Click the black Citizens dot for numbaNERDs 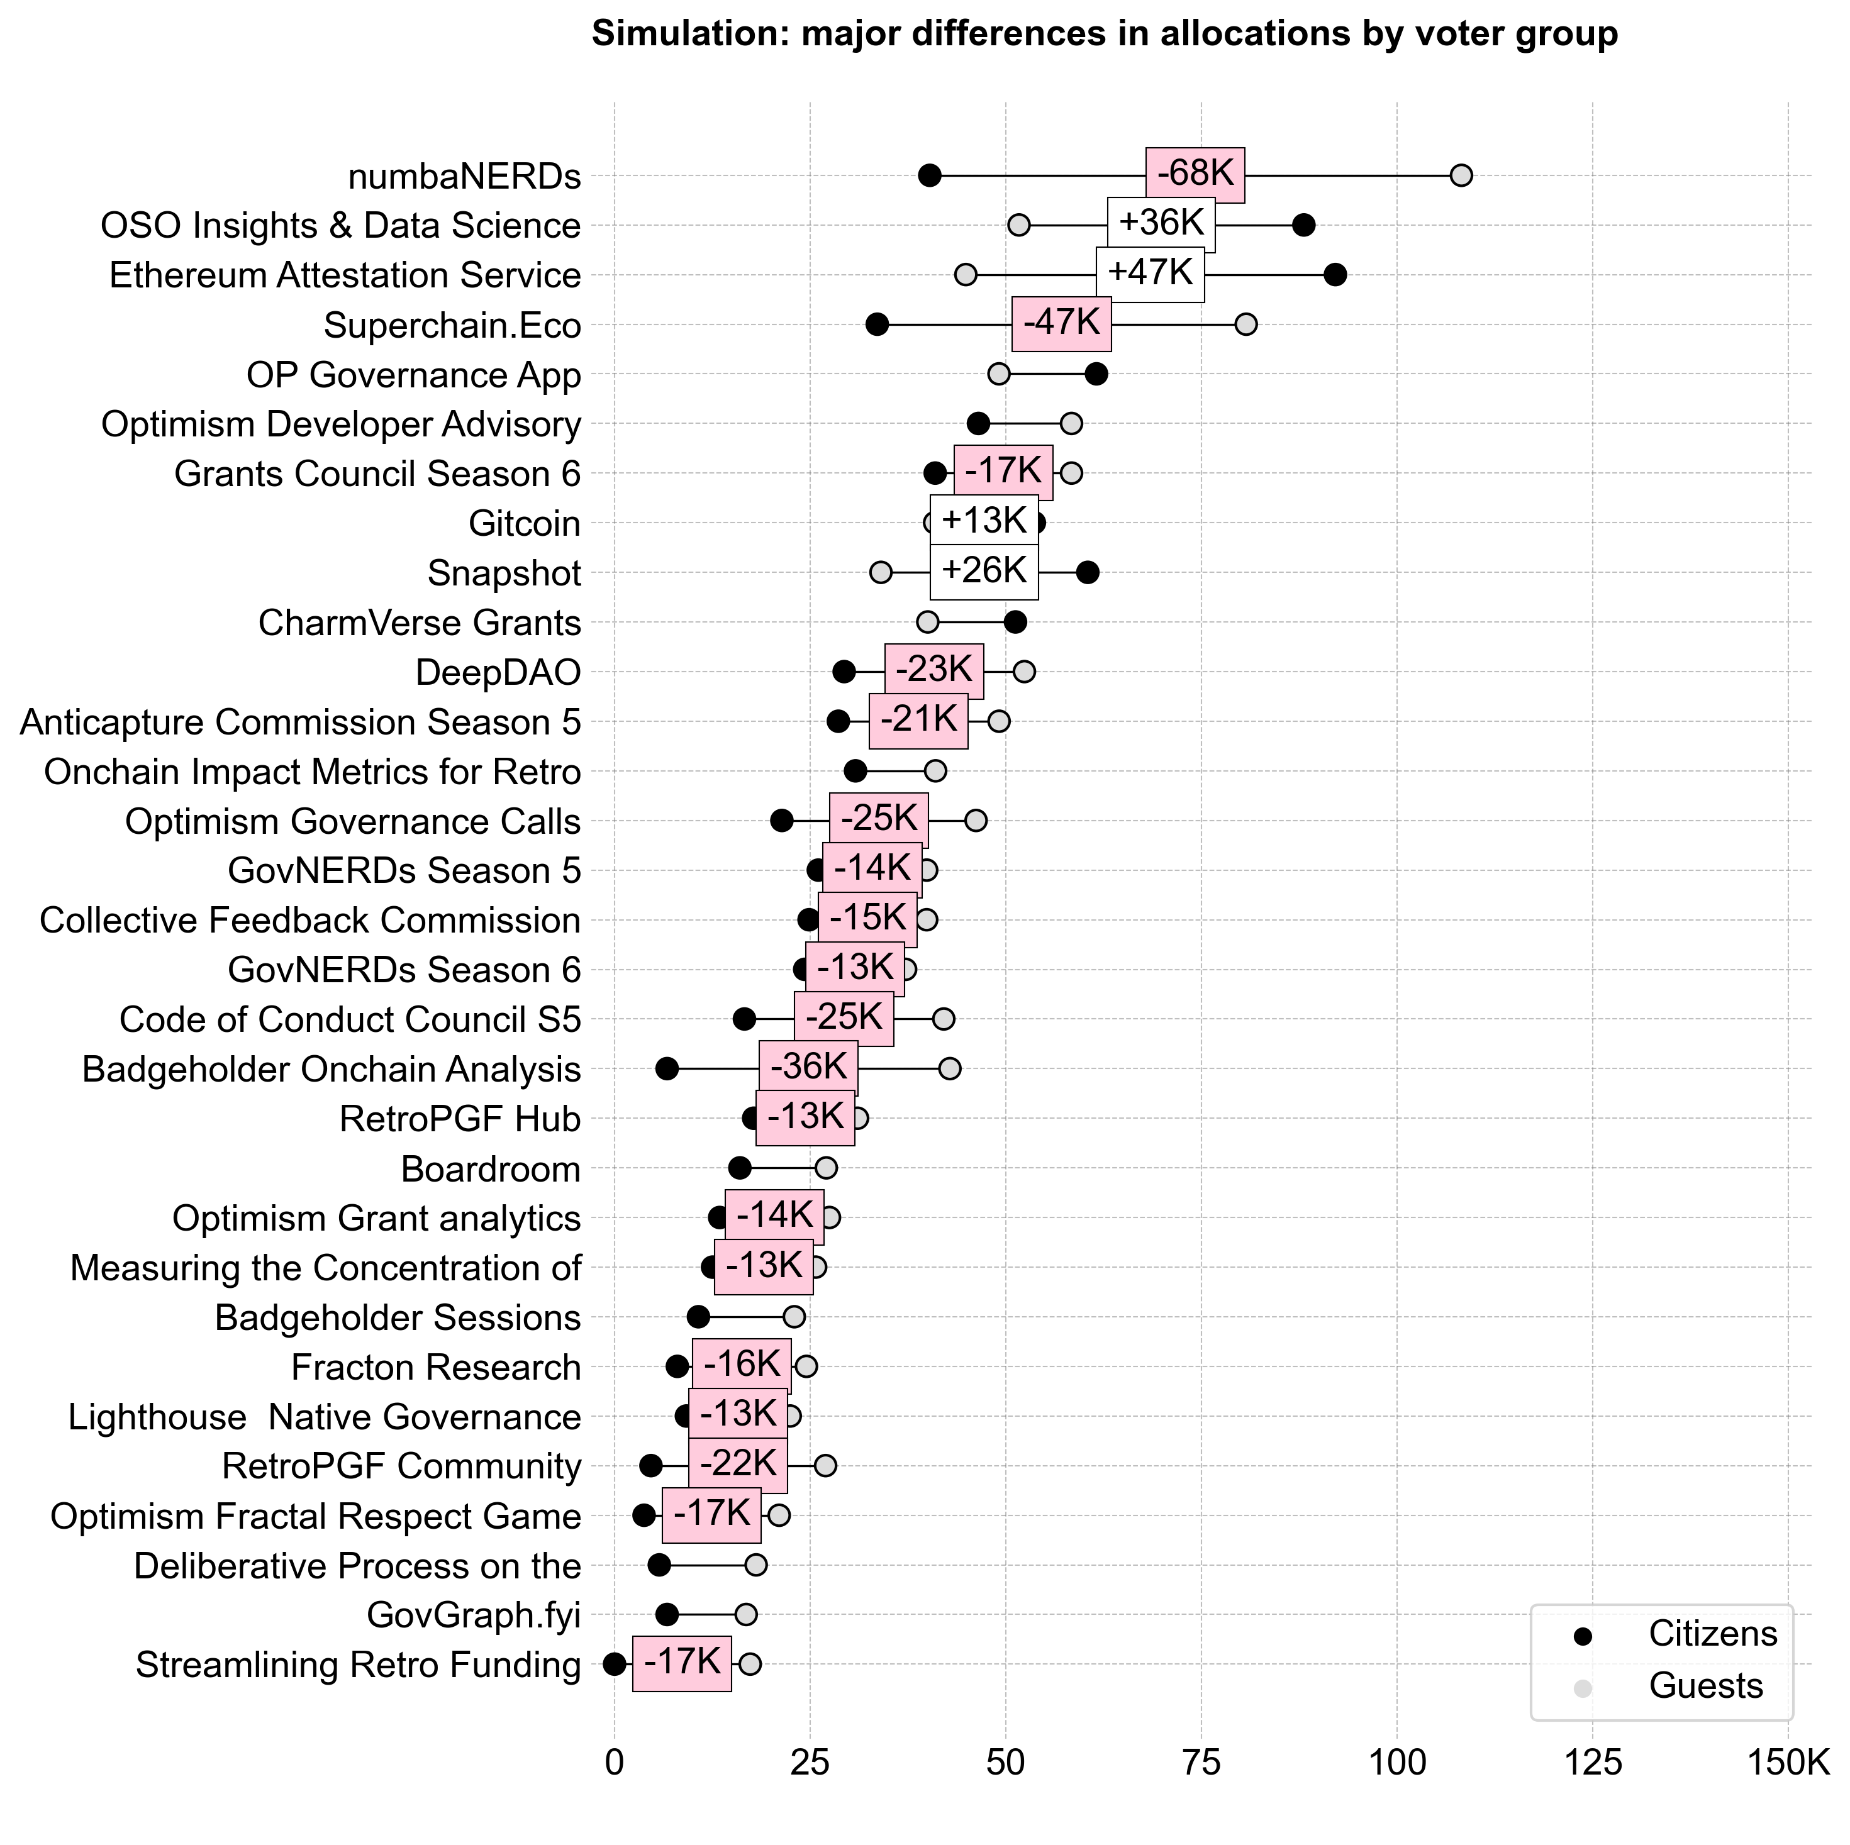[x=929, y=175]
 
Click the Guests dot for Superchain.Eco [x=1245, y=324]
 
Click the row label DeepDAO [x=498, y=673]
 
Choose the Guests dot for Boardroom [x=825, y=1168]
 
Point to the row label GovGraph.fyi [x=474, y=1615]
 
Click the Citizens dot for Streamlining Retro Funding [x=615, y=1665]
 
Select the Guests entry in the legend [x=1705, y=1686]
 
